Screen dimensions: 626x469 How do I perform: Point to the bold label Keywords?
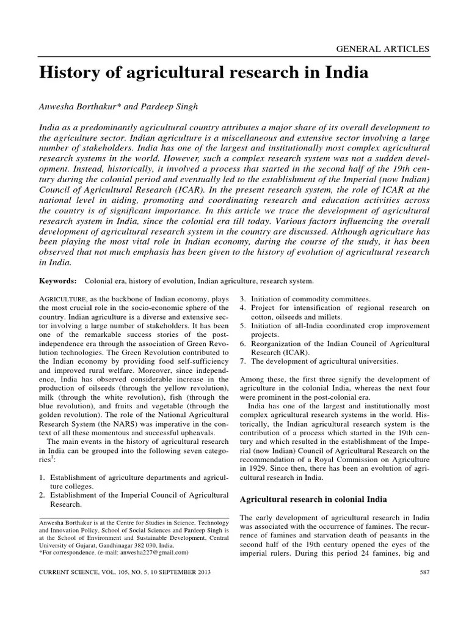(58, 281)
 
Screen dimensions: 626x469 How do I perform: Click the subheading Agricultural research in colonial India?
(317, 499)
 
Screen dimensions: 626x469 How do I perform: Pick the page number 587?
(424, 572)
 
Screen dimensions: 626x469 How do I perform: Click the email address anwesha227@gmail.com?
(155, 552)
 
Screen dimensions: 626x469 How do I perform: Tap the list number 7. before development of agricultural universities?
(242, 362)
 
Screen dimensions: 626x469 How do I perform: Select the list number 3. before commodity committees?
(242, 298)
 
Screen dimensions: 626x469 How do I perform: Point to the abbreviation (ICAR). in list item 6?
(294, 353)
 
